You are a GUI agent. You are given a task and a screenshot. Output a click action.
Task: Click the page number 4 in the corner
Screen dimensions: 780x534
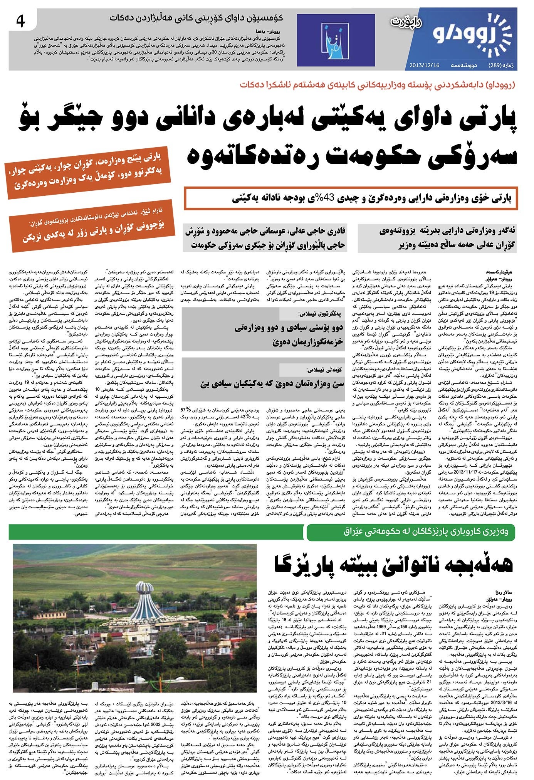20,22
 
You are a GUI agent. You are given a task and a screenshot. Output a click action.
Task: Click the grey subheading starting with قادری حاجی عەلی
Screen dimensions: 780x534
265,238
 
